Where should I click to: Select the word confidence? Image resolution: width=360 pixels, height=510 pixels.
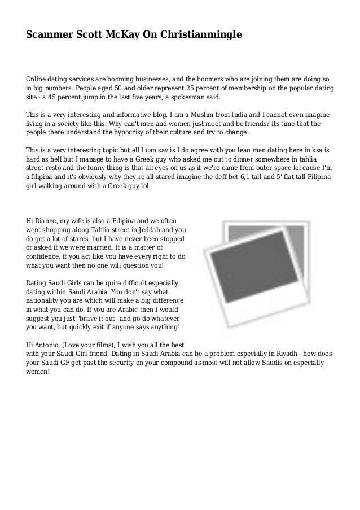[48, 256]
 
